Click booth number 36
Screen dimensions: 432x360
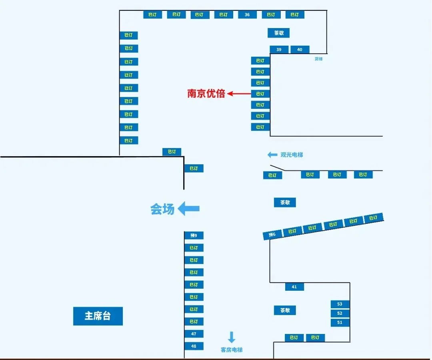[247, 15]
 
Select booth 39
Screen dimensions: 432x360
[279, 50]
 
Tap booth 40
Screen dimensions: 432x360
[300, 50]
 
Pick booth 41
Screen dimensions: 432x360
[294, 287]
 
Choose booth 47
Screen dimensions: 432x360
[194, 334]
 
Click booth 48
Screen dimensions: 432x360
[194, 346]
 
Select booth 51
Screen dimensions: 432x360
[340, 322]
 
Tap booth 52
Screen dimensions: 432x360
[340, 313]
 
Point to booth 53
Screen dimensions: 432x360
[340, 304]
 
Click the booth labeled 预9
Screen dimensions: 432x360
[194, 235]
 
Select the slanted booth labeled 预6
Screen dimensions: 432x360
[272, 235]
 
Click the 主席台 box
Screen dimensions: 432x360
[98, 316]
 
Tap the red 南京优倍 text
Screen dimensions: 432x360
[206, 94]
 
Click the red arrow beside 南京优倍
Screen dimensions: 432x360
[239, 94]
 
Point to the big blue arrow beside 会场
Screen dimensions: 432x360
[188, 208]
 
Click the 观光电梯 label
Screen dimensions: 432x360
[292, 155]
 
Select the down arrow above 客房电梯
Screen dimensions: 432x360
[232, 337]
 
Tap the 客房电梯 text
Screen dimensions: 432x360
[232, 350]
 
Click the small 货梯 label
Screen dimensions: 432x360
[318, 59]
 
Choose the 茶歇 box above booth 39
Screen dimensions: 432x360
[278, 33]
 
